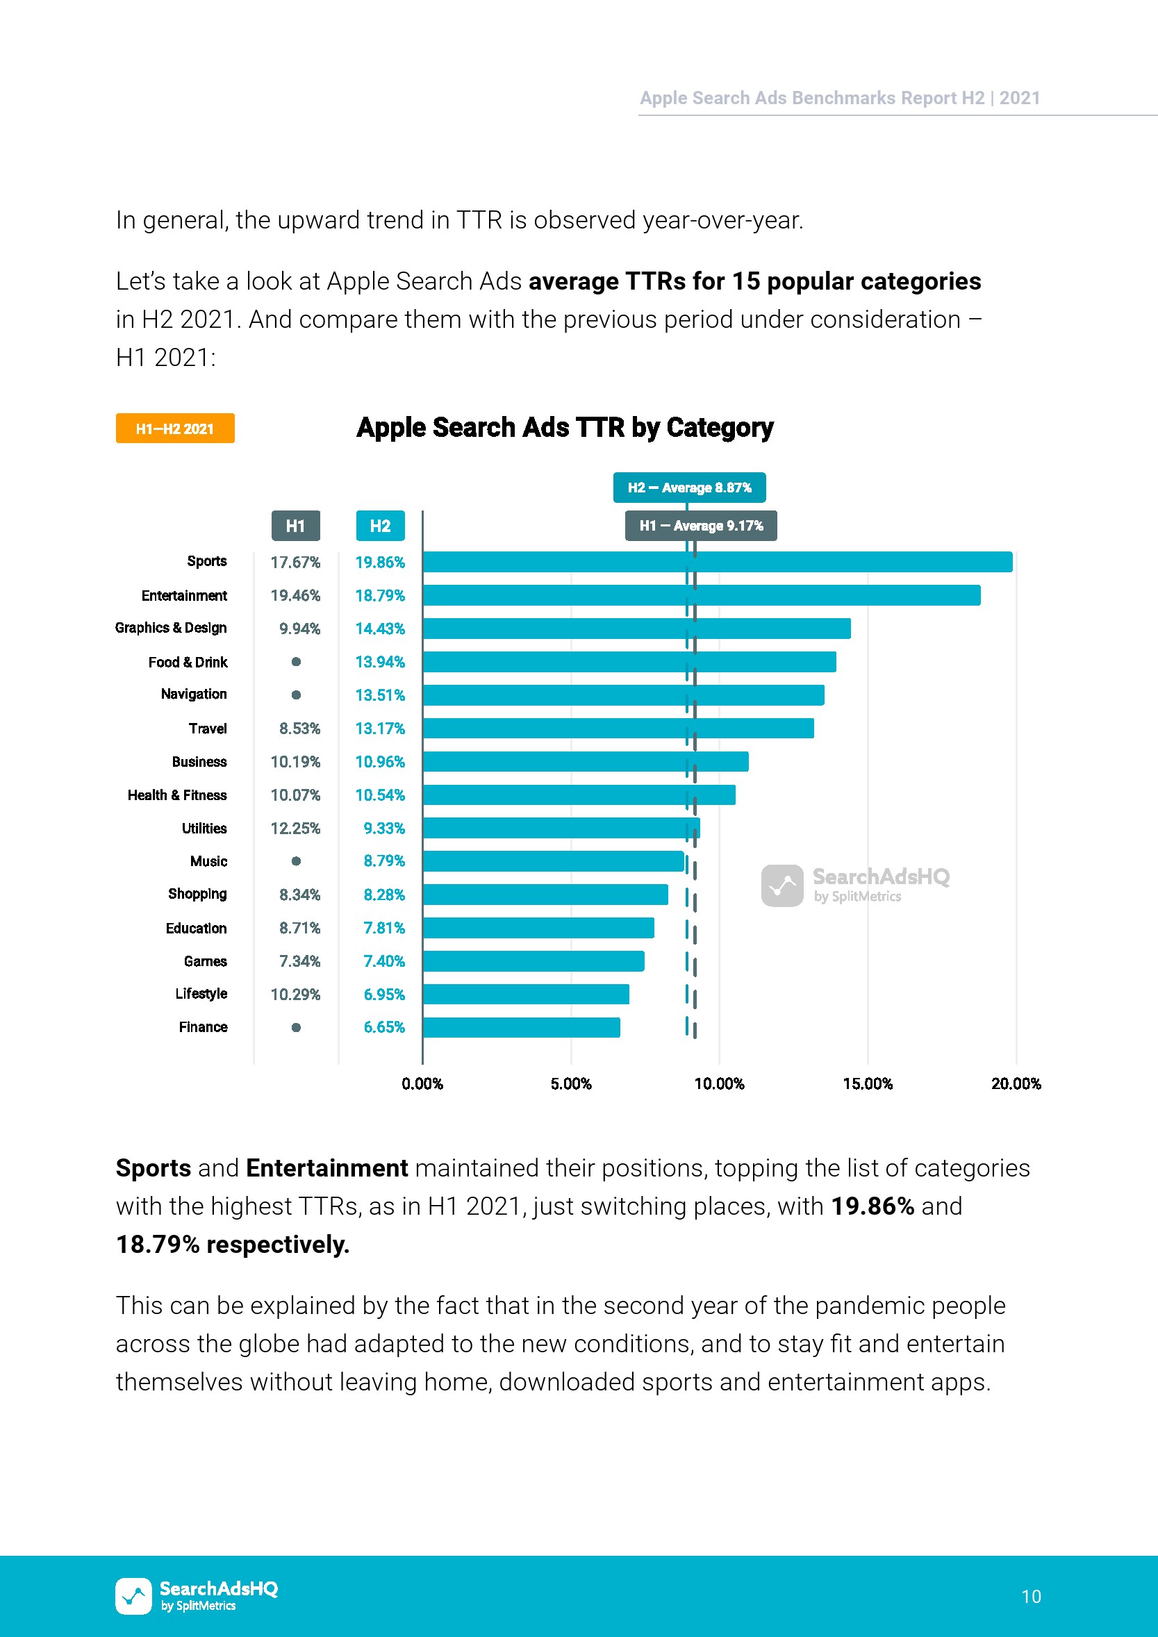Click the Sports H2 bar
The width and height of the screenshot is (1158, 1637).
tap(717, 562)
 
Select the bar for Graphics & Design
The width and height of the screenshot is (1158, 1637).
tap(636, 628)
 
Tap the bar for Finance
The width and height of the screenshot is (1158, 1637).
tap(520, 1027)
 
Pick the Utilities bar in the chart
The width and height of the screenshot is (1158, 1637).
tap(561, 828)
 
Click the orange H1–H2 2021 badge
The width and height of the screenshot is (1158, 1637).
tap(174, 429)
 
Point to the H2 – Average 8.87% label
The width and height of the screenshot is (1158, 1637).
tap(689, 488)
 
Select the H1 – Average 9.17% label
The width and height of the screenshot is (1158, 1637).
tap(700, 526)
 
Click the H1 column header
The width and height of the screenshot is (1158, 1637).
tap(295, 526)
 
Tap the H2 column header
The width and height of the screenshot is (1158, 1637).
tap(380, 526)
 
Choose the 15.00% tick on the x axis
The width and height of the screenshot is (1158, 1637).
tap(867, 1083)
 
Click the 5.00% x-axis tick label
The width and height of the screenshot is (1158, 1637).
tap(570, 1083)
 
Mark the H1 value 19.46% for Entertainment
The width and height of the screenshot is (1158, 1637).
tap(295, 595)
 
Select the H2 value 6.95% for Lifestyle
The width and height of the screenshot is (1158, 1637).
tap(383, 995)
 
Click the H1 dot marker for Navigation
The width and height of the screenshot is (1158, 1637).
tap(296, 695)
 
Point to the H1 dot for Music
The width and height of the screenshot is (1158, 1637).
tap(296, 861)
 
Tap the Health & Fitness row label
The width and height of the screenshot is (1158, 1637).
tap(177, 795)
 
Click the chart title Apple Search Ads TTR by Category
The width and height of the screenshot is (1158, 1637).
tap(565, 428)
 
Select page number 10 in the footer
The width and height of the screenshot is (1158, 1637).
tap(1030, 1596)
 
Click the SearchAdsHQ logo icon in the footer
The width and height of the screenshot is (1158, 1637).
tap(133, 1595)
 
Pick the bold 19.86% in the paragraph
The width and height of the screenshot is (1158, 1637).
tap(872, 1206)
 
